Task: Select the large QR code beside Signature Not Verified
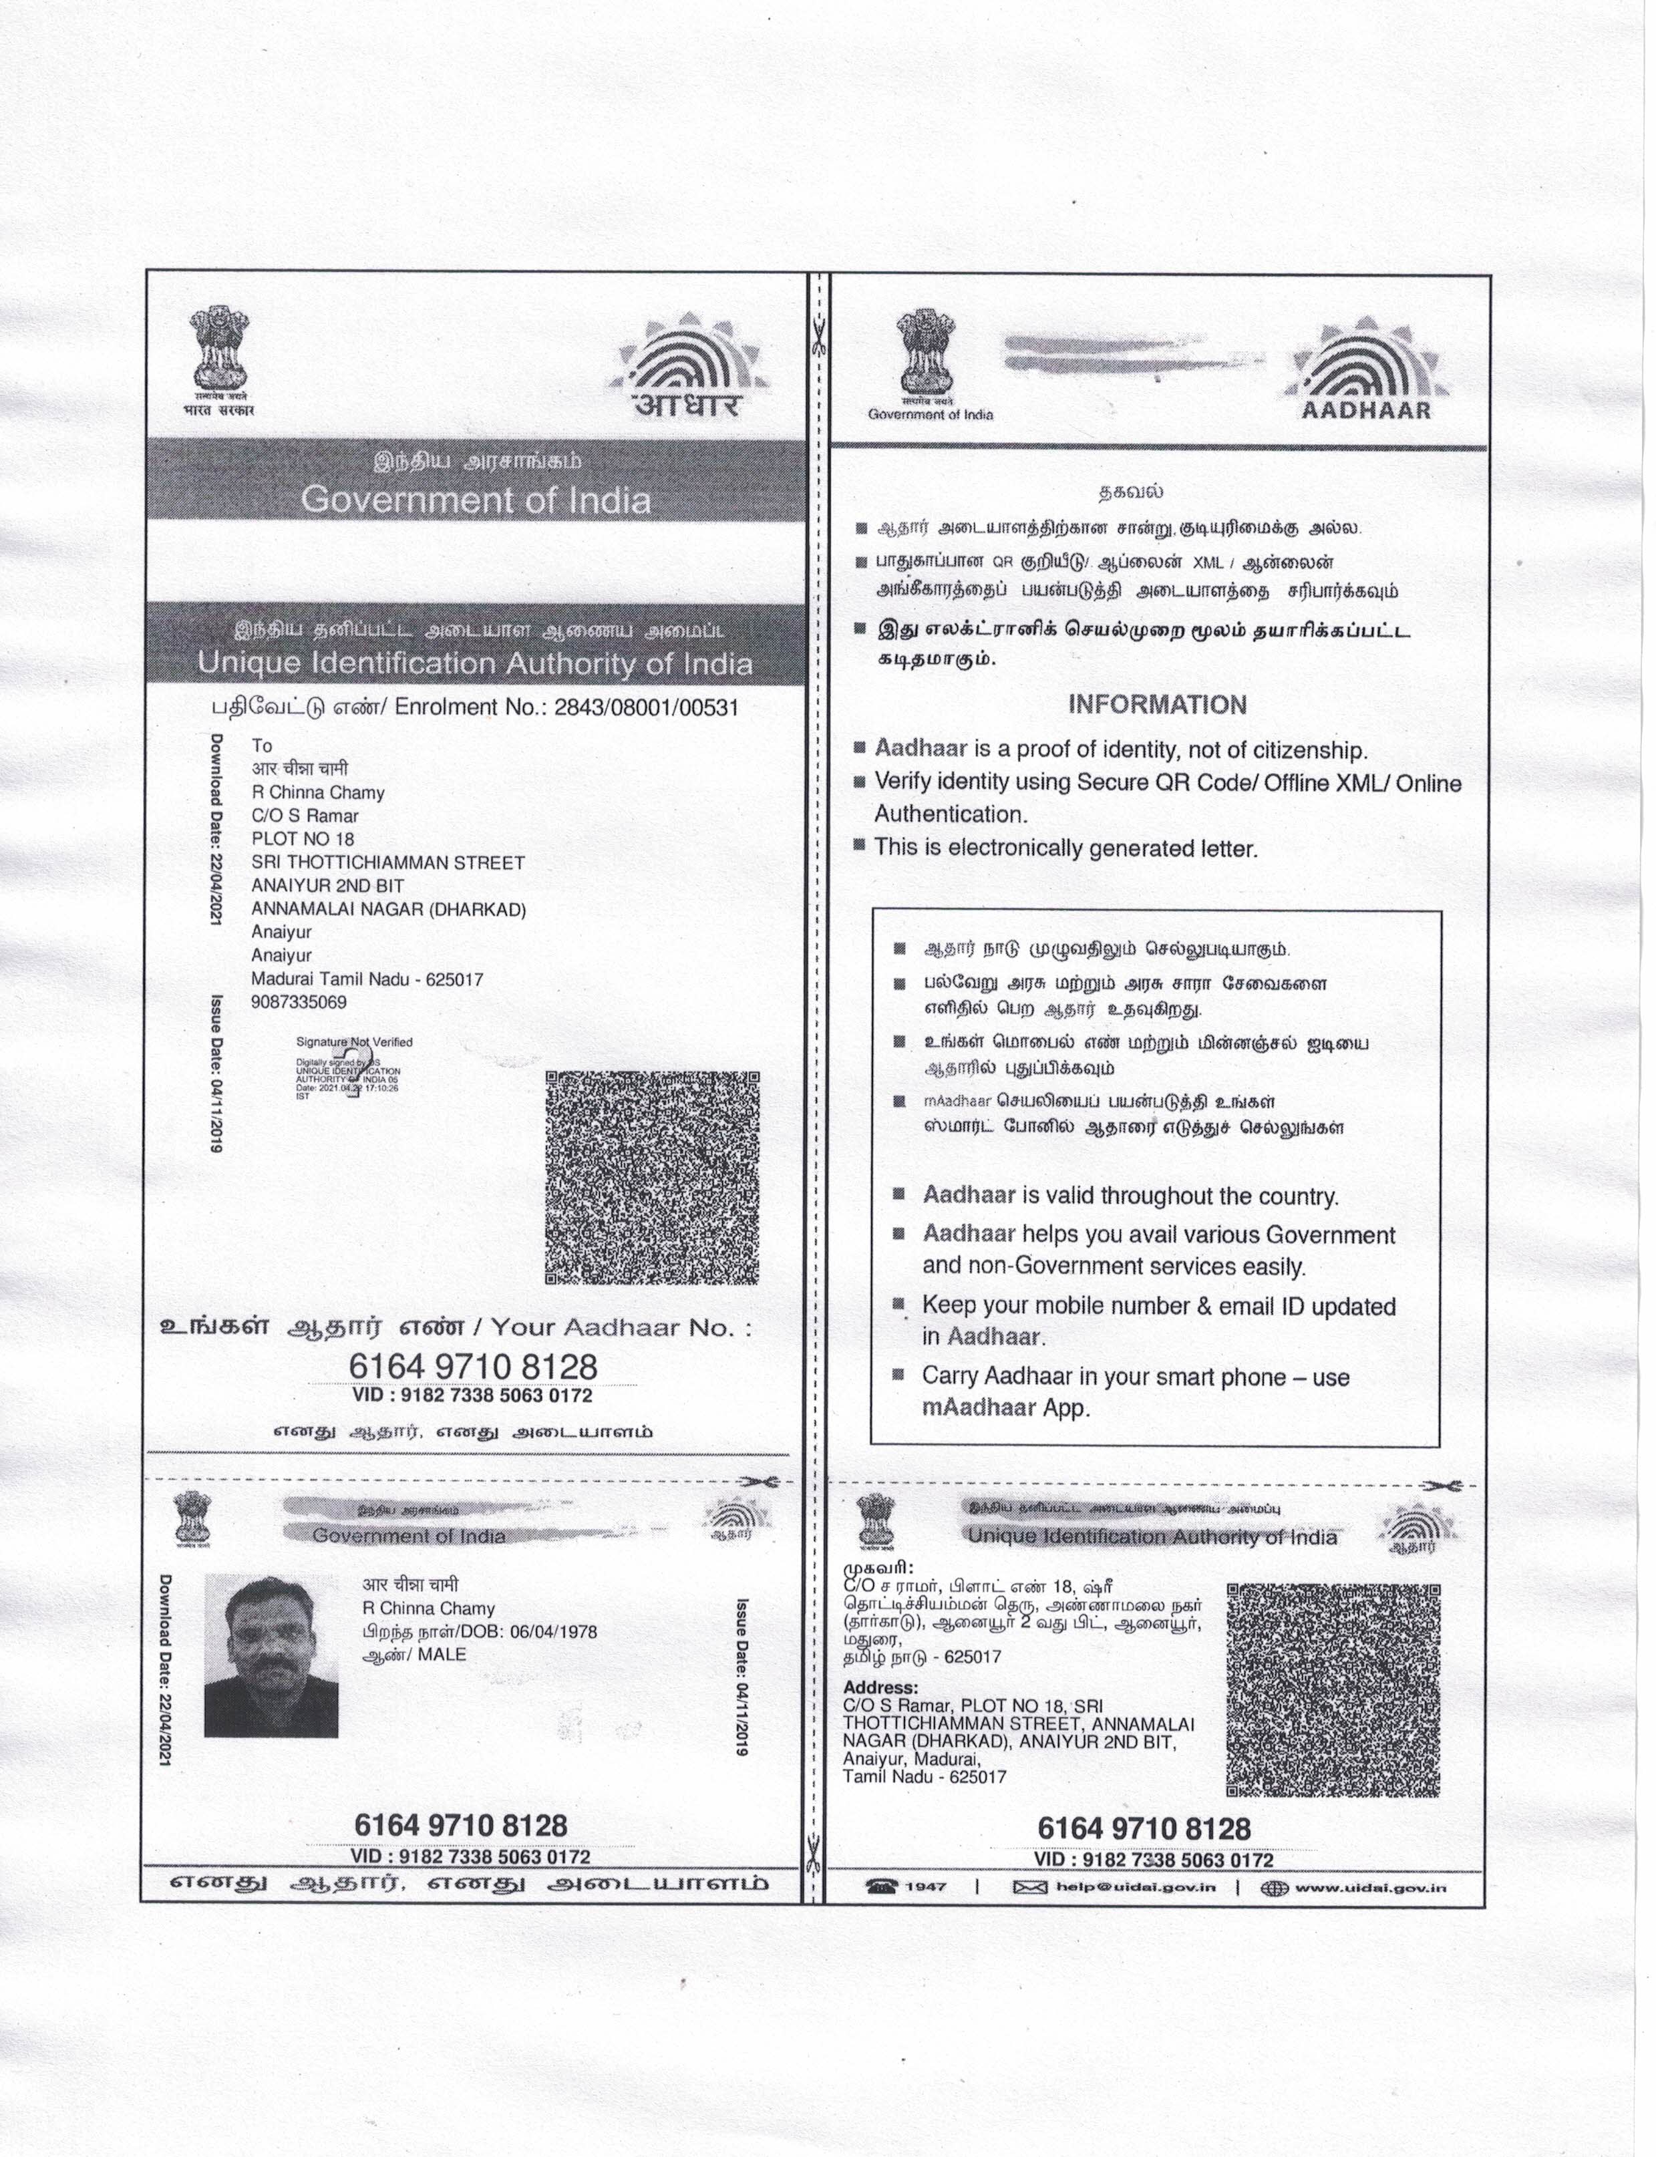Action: (x=653, y=1178)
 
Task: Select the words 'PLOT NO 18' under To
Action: (x=303, y=839)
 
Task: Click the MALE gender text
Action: (x=442, y=1653)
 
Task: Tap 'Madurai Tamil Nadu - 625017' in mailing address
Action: (x=367, y=980)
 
